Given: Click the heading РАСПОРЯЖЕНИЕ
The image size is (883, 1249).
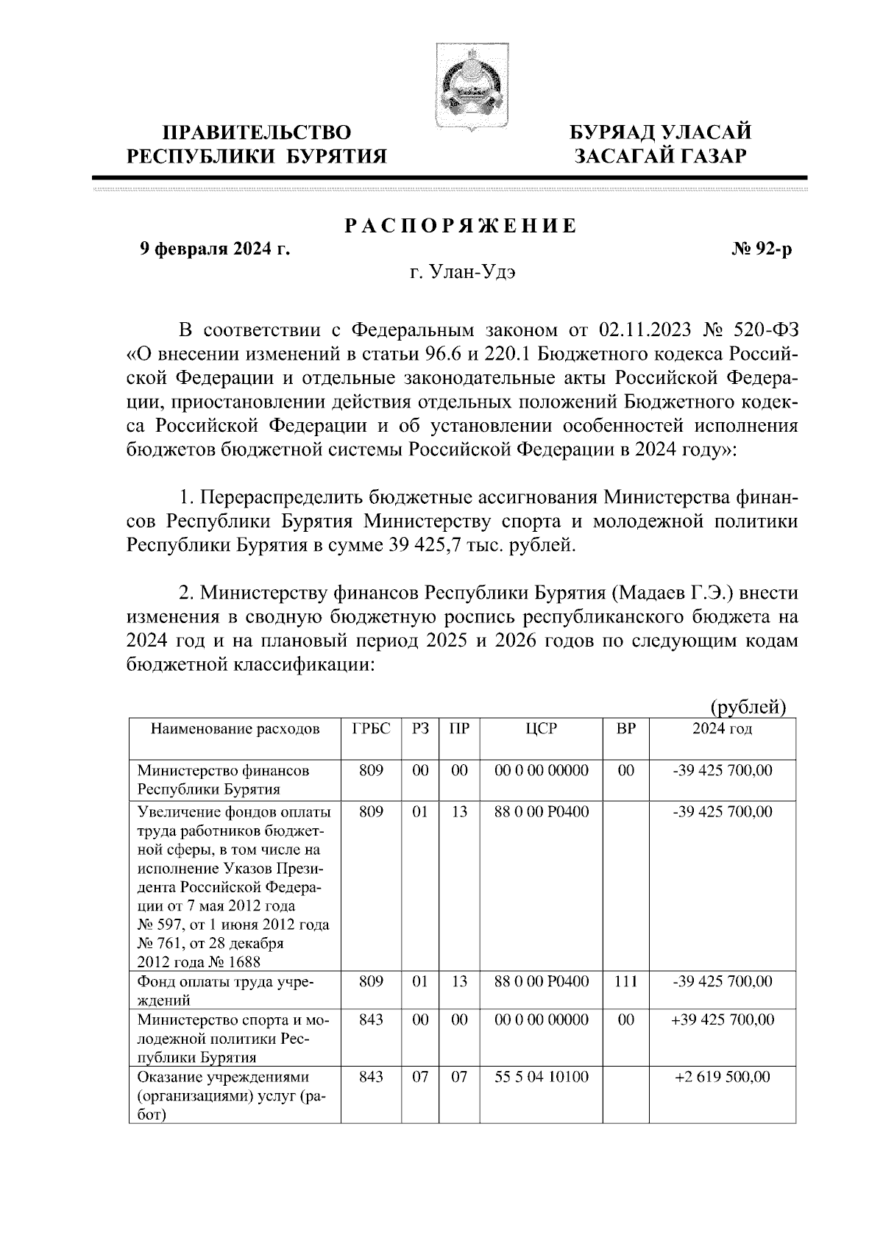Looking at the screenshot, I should tap(462, 227).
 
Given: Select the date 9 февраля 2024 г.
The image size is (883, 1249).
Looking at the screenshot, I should tap(216, 250).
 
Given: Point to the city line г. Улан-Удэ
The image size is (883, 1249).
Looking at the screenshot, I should tap(464, 273).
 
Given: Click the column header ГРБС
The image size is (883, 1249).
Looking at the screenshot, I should tap(371, 729).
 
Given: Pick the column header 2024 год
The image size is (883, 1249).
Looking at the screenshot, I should tap(722, 729).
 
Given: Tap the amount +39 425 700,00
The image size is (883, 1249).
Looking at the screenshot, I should tap(722, 1020).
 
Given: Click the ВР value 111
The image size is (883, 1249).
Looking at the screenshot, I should tap(625, 981).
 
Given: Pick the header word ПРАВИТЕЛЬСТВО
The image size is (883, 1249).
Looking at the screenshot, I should tap(257, 132).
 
